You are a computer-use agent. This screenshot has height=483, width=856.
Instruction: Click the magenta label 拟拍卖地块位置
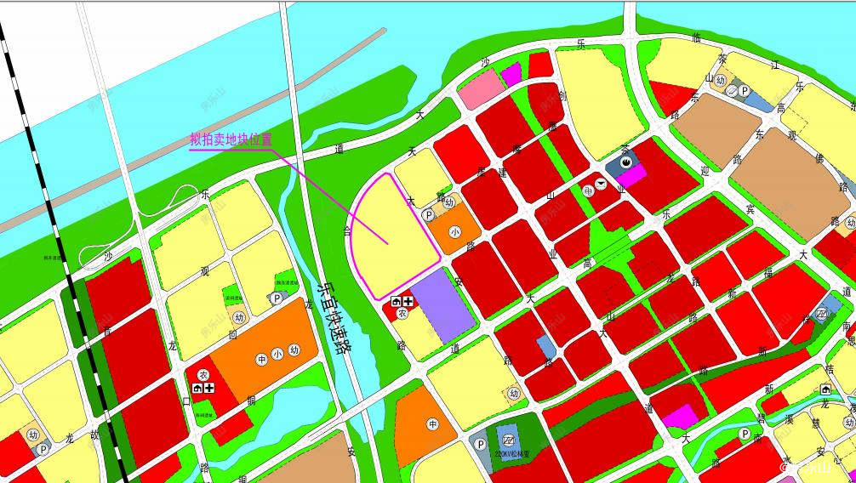tap(231, 139)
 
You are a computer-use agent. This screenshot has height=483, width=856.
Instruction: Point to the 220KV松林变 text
tap(506, 454)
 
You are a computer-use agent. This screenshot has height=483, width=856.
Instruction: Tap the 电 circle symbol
tap(587, 191)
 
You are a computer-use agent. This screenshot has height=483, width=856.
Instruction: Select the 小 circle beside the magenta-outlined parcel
tap(455, 230)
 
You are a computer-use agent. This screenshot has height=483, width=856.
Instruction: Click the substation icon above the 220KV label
tap(508, 440)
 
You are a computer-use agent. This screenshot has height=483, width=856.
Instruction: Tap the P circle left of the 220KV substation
tap(480, 444)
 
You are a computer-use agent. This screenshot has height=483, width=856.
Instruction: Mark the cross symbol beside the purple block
tap(408, 301)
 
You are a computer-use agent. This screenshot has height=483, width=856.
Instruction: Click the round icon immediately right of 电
tap(600, 184)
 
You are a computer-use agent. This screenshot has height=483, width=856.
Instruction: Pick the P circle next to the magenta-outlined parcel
tap(428, 216)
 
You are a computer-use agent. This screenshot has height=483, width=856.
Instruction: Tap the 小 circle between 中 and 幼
tap(277, 354)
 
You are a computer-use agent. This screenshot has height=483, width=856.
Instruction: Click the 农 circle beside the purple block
tap(402, 313)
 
